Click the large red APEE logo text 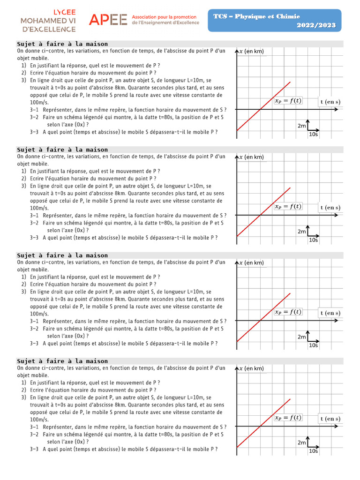pyautogui.click(x=108, y=19)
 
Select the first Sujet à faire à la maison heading pyautogui.click(x=62, y=44)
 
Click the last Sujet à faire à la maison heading pyautogui.click(x=62, y=361)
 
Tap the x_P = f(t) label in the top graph pyautogui.click(x=288, y=100)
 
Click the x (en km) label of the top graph pyautogui.click(x=252, y=52)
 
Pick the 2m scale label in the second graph pyautogui.click(x=301, y=232)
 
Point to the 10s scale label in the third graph pyautogui.click(x=313, y=345)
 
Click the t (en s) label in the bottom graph pyautogui.click(x=330, y=419)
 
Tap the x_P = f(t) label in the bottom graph pyautogui.click(x=288, y=418)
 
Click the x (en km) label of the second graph pyautogui.click(x=252, y=157)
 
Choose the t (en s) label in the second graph pyautogui.click(x=330, y=208)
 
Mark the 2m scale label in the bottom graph pyautogui.click(x=301, y=442)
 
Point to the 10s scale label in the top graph pyautogui.click(x=313, y=134)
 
